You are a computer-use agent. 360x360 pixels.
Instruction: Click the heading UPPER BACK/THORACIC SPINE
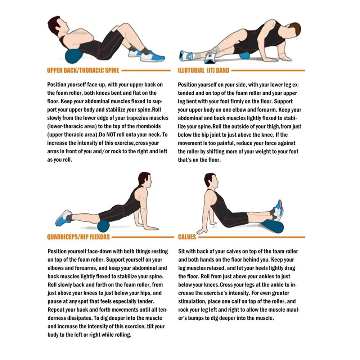(83, 70)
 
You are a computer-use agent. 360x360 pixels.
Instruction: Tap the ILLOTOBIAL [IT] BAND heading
(203, 70)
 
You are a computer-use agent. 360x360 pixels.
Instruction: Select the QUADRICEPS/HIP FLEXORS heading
(78, 237)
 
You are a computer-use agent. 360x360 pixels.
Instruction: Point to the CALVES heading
(187, 237)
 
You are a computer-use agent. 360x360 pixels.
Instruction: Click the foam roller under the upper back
(74, 56)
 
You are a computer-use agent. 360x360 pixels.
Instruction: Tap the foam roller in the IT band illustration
(244, 56)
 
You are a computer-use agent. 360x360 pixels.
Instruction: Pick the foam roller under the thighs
(103, 226)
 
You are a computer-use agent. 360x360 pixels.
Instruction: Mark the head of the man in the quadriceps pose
(145, 180)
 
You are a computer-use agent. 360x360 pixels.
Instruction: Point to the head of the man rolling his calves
(211, 181)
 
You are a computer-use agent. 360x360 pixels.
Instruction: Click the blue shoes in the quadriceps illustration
(64, 218)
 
